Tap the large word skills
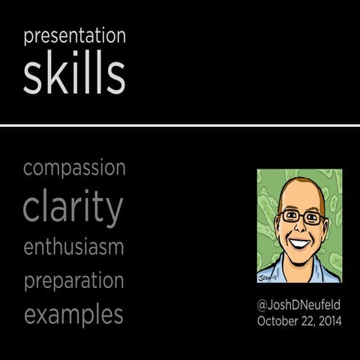[73, 75]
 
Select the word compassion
[73, 168]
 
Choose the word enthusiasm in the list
[73, 246]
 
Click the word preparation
[73, 281]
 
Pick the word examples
[73, 315]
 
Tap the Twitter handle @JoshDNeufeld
[299, 305]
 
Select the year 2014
[328, 321]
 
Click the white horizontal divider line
[180, 125]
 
